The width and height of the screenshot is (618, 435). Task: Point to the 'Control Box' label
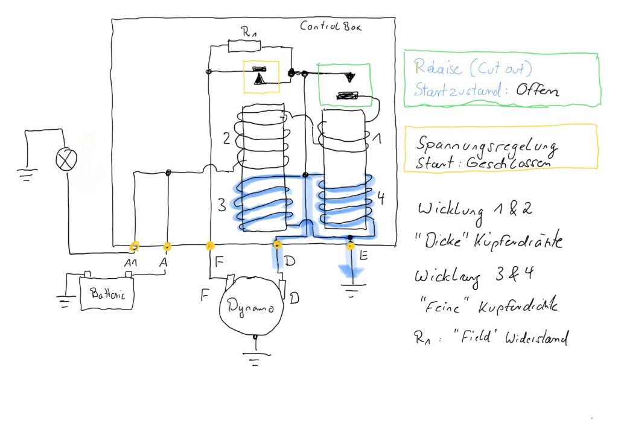coord(331,27)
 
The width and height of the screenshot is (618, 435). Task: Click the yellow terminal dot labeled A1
coord(135,246)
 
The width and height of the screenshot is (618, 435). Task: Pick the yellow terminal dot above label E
coord(350,246)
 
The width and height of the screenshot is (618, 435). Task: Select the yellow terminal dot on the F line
coord(210,246)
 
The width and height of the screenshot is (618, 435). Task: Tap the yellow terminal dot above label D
coord(277,245)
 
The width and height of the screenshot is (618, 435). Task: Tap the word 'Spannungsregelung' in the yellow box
coord(486,146)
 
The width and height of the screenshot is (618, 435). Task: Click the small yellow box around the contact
coord(261,76)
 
